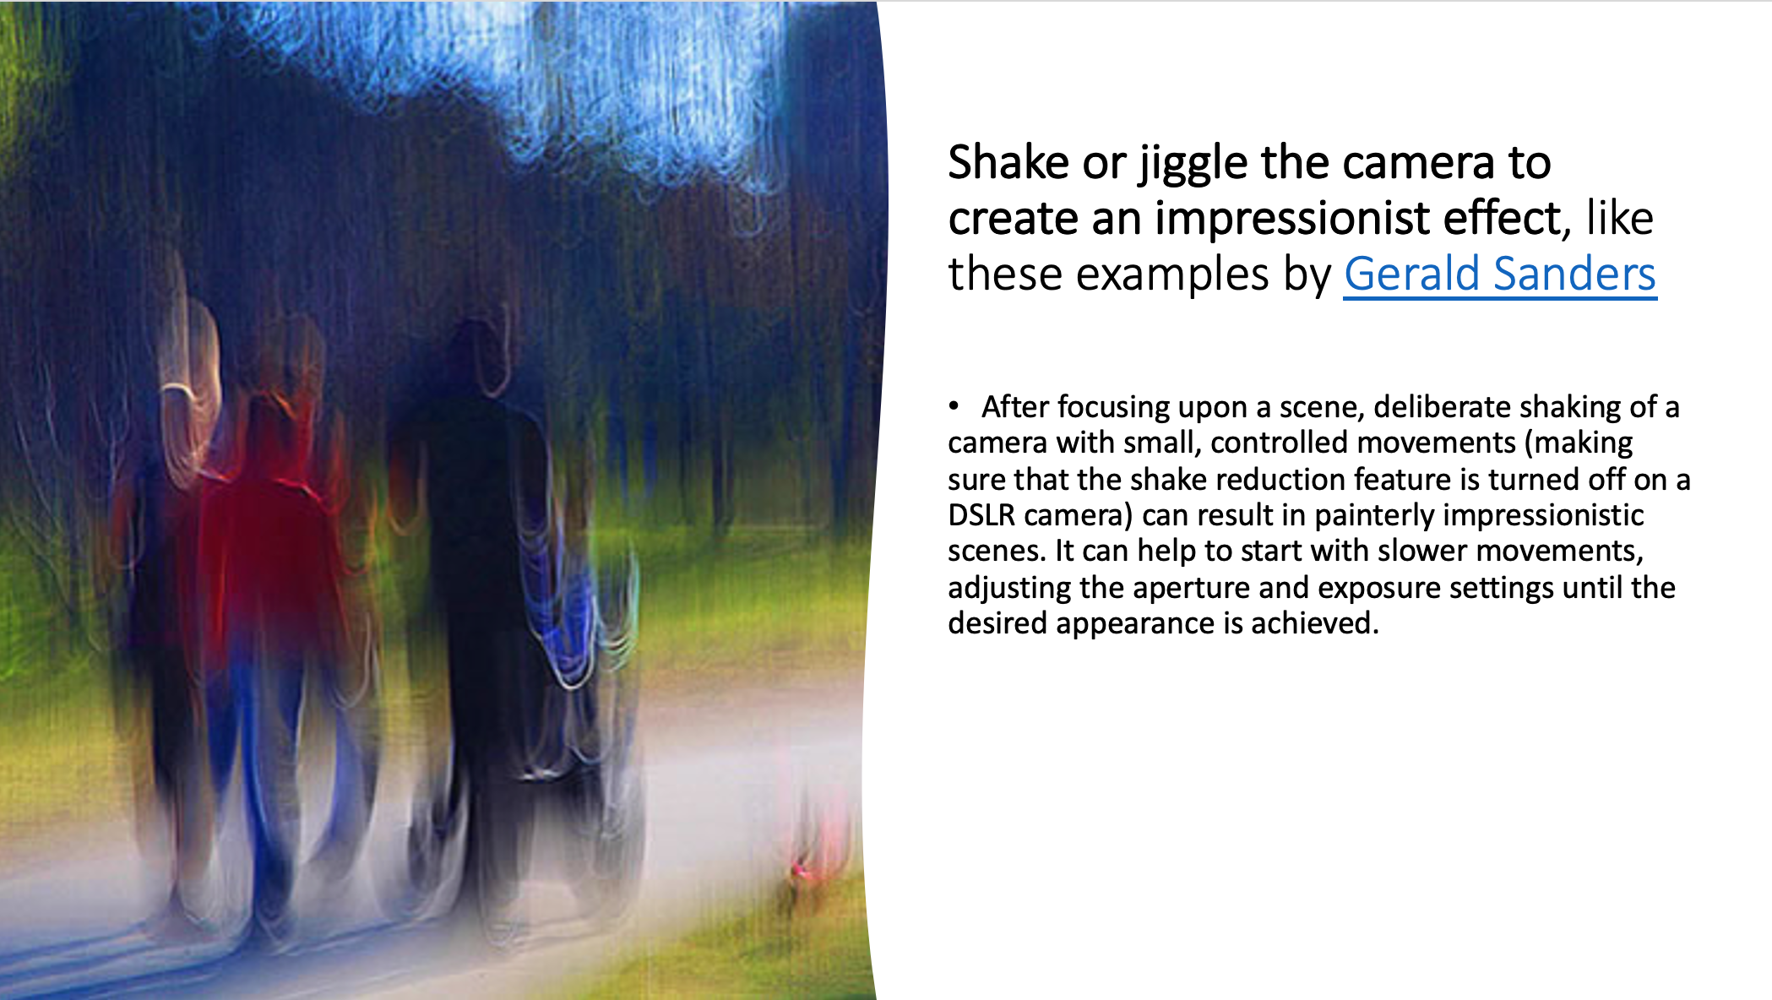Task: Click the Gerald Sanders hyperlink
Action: [x=1500, y=274]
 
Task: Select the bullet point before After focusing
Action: [x=954, y=406]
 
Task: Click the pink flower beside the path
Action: [x=801, y=870]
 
